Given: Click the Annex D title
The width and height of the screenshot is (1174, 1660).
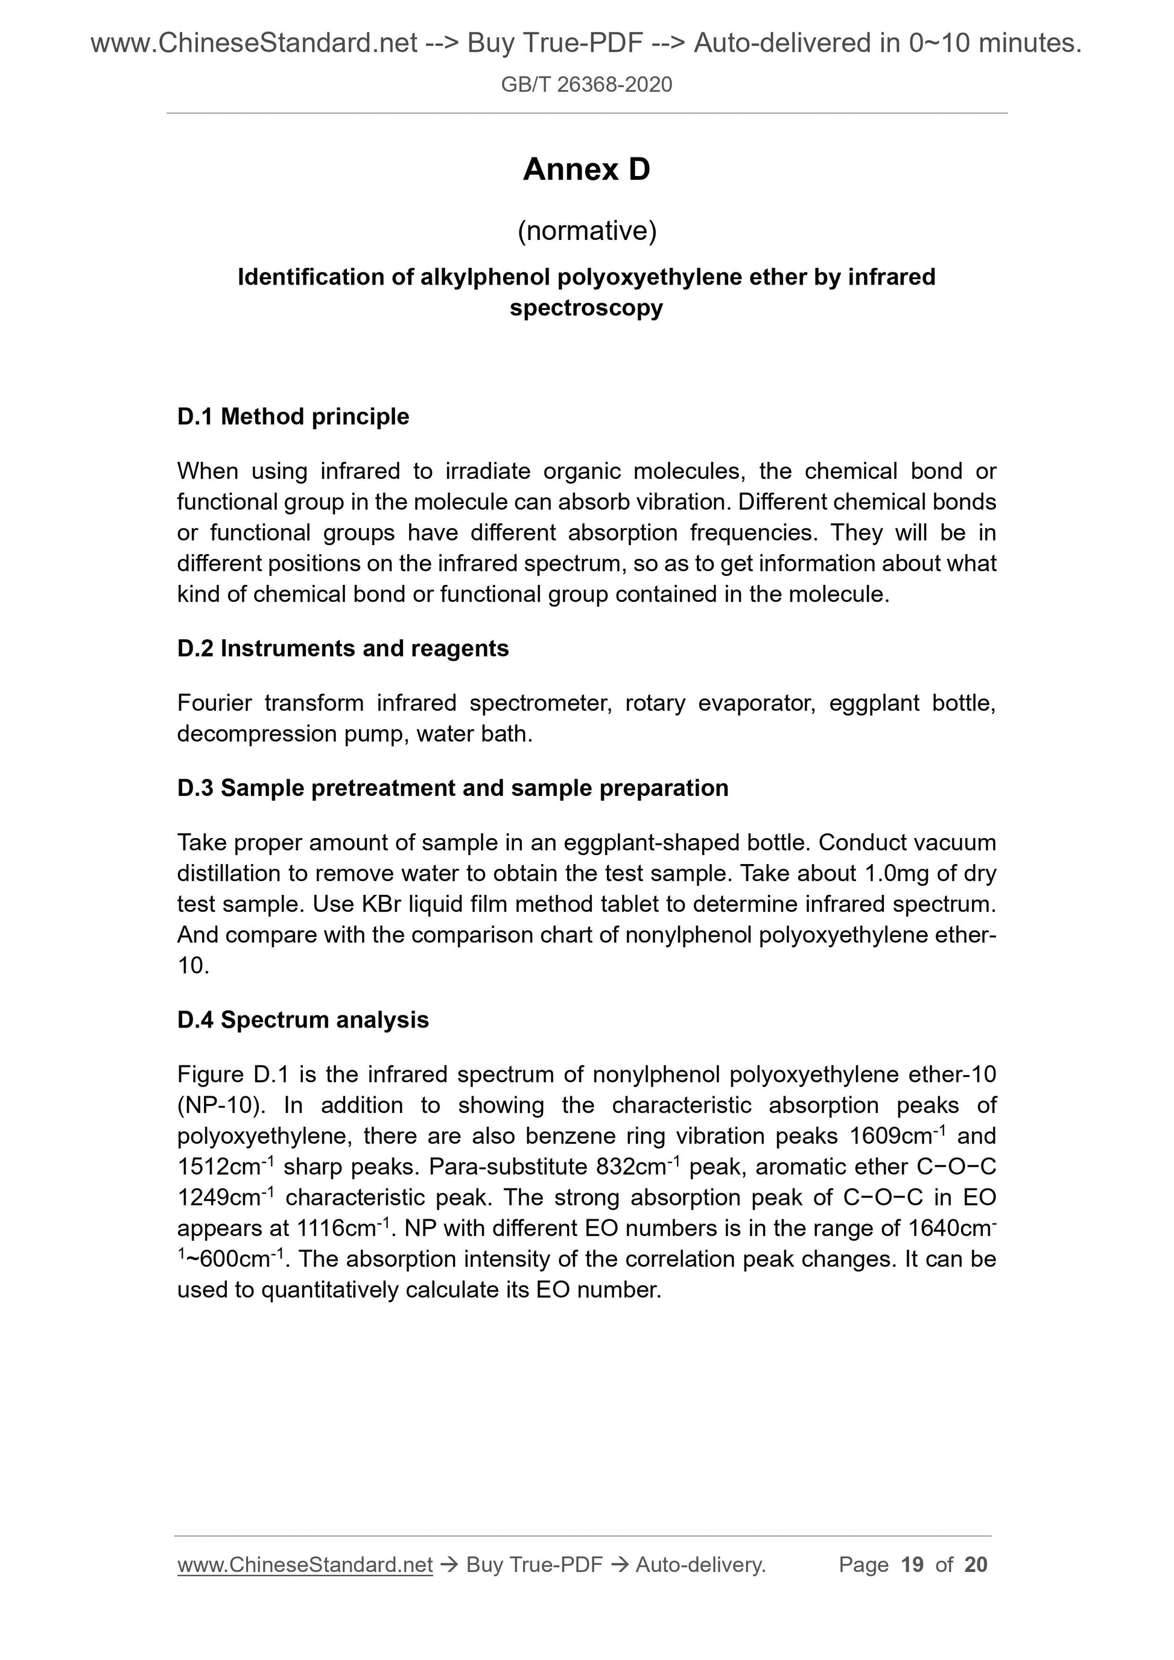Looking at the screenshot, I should pyautogui.click(x=586, y=170).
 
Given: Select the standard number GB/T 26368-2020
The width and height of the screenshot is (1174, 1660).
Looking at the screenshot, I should pyautogui.click(x=586, y=84).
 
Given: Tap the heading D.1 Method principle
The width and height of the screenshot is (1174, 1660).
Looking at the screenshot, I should pyautogui.click(x=293, y=417).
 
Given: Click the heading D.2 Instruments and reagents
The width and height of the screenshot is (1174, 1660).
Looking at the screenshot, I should pyautogui.click(x=343, y=649).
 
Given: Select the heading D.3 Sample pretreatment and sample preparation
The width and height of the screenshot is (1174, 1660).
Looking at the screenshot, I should pyautogui.click(x=453, y=788).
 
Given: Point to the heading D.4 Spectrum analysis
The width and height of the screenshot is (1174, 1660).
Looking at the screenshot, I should pyautogui.click(x=303, y=1020).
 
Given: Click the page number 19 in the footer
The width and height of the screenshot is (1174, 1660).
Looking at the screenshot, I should pyautogui.click(x=913, y=1565).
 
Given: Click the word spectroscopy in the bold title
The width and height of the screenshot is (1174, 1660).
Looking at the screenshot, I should pyautogui.click(x=586, y=308).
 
